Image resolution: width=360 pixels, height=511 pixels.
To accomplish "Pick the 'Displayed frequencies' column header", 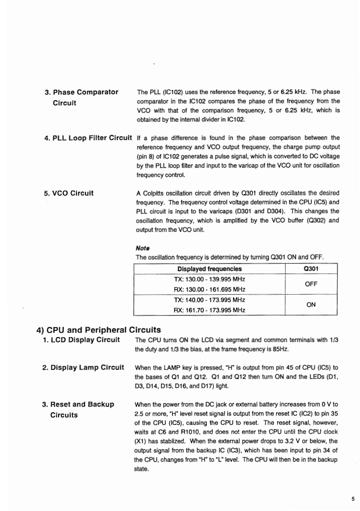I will pyautogui.click(x=209, y=269).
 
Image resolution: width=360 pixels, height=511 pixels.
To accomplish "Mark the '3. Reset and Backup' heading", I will pyautogui.click(x=78, y=404).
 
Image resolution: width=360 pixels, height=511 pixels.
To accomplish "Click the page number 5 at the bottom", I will pyautogui.click(x=353, y=499).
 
